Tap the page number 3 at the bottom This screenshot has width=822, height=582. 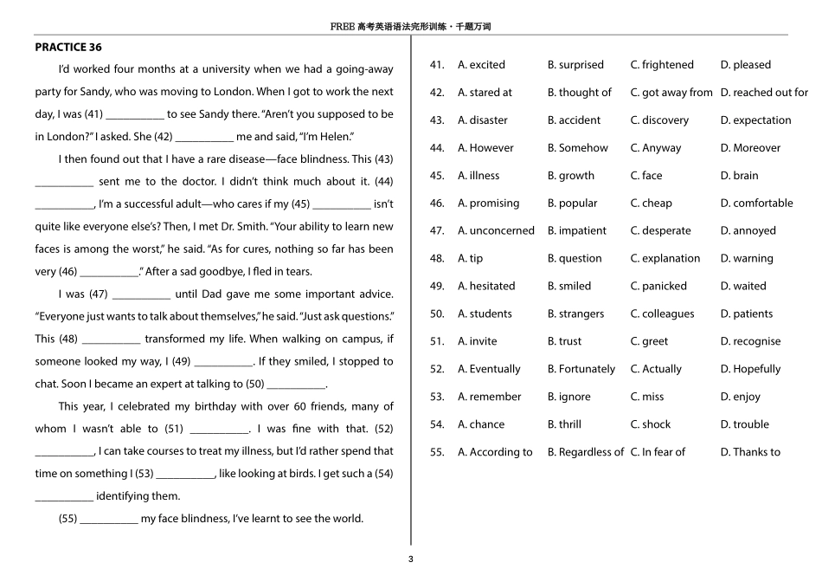coord(411,559)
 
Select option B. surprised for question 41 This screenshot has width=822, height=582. coord(575,65)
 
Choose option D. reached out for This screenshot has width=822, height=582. coord(764,93)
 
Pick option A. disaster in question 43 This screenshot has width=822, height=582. coord(483,120)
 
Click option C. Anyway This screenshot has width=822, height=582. coord(656,148)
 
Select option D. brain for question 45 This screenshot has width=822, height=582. coord(739,176)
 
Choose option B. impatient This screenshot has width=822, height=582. coord(577,231)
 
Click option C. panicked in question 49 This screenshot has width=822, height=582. coord(658,287)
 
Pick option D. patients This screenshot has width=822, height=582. coord(747,314)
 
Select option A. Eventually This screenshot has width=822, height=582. coord(489,369)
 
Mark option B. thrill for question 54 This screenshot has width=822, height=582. coord(564,424)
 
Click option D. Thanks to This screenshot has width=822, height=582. coord(750,452)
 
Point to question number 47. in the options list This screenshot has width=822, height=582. coord(437,231)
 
